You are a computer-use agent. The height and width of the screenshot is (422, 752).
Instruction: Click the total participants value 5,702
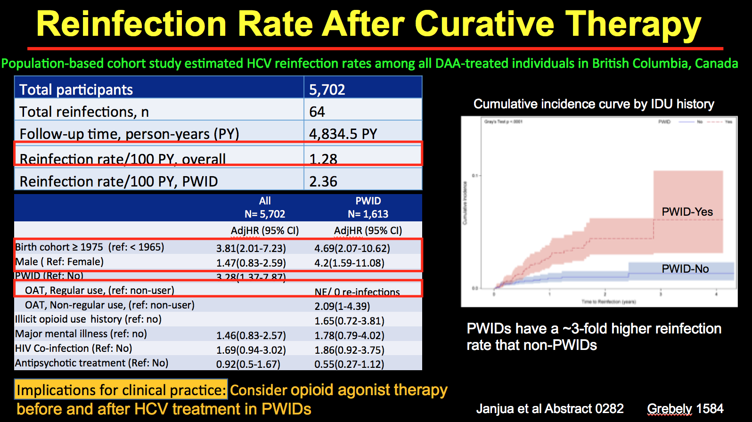327,89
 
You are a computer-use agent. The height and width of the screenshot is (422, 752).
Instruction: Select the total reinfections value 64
317,112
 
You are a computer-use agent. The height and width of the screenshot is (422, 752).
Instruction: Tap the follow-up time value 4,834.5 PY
343,134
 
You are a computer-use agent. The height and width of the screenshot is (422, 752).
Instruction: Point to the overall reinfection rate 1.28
323,159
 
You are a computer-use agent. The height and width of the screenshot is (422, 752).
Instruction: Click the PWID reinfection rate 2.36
323,181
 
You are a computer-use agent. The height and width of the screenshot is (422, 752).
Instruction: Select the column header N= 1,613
368,214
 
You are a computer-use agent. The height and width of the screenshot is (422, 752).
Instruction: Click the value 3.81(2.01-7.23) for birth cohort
251,248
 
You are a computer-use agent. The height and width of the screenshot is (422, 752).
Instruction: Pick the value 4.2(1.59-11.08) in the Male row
349,263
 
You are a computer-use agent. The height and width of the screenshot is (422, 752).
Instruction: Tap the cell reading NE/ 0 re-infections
357,292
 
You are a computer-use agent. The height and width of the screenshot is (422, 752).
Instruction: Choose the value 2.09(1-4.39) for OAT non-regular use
342,306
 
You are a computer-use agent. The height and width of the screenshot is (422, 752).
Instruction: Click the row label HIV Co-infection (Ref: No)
74,349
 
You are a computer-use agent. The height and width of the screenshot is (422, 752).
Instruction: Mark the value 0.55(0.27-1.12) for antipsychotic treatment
349,364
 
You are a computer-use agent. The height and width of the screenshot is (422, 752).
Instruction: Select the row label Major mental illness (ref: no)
81,334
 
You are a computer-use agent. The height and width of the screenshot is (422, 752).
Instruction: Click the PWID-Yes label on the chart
687,212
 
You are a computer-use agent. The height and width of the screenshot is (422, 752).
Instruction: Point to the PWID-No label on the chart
685,269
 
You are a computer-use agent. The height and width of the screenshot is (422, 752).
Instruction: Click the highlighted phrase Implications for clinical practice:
121,390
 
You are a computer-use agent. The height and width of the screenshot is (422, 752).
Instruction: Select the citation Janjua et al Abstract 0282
550,409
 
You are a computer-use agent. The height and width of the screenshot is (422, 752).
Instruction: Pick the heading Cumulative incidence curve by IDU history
594,104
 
